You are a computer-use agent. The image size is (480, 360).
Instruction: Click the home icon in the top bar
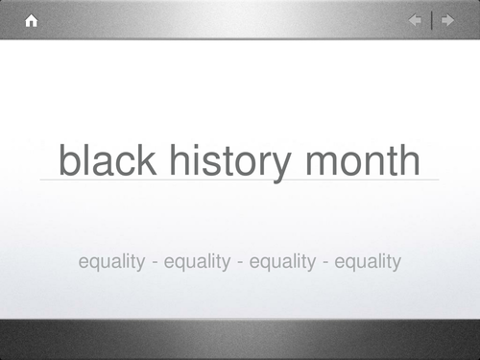pos(31,20)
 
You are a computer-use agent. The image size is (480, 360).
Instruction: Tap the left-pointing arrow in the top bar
pos(415,20)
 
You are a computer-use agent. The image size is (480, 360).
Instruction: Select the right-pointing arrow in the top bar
pos(446,20)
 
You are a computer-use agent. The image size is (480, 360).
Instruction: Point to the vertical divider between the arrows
pos(431,20)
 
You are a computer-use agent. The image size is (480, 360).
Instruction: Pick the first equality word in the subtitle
pos(111,261)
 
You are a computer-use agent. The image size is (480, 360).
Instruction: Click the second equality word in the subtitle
pos(197,261)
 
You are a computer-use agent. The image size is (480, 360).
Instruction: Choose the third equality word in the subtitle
pos(282,261)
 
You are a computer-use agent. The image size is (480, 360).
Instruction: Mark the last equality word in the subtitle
pos(368,261)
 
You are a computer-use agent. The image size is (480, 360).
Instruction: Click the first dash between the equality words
pos(155,262)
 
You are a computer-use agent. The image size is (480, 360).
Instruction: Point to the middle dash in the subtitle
pos(240,262)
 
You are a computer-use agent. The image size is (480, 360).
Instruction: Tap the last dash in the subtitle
pos(325,262)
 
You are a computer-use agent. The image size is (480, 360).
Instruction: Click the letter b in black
pos(69,159)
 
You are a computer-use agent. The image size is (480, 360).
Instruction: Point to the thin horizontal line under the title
pos(240,180)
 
